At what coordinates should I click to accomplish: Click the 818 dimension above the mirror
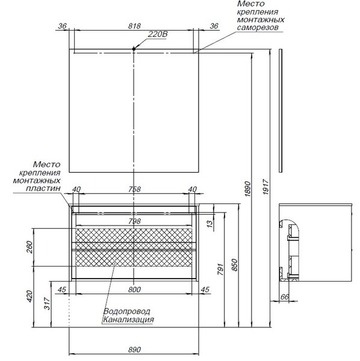coord(134,26)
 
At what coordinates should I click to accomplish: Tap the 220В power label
coord(158,34)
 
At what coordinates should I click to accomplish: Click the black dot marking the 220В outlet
coord(134,49)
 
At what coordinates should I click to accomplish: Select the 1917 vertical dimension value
coord(266,187)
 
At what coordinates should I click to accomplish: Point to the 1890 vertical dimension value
coord(247,189)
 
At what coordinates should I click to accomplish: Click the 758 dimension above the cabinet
coord(134,190)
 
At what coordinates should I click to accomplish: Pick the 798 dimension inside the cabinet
coord(134,221)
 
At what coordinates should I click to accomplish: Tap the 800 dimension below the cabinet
coord(134,289)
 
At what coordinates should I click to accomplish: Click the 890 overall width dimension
coord(134,350)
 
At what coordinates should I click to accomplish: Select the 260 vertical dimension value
coord(29,247)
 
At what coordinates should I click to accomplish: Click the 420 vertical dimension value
coord(29,296)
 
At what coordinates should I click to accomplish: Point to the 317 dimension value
coord(47,303)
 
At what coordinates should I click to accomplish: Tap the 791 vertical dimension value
coord(220,270)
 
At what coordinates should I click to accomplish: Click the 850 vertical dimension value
coord(234,265)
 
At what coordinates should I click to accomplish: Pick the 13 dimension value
coord(209,224)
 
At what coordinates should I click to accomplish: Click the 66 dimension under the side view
coord(285,297)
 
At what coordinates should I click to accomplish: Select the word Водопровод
coord(126,312)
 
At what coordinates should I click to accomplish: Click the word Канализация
coord(128,319)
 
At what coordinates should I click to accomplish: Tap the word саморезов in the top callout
coord(258,28)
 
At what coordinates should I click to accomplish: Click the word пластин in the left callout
coord(43,188)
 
